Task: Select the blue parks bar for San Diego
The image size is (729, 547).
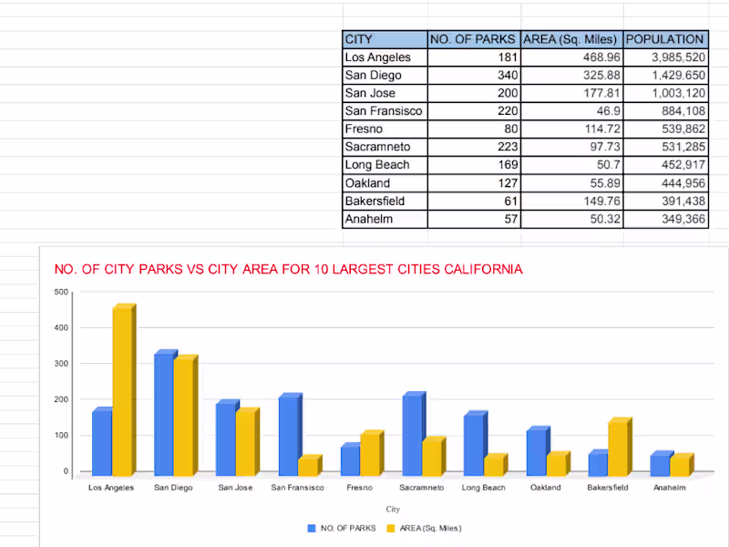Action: (x=164, y=414)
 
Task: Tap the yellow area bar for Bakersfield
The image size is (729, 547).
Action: (x=618, y=448)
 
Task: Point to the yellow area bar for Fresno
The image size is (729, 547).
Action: (x=371, y=453)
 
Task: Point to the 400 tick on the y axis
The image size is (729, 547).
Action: (x=61, y=327)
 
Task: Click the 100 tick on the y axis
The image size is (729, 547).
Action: (x=61, y=435)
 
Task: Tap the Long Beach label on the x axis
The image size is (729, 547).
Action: (x=483, y=488)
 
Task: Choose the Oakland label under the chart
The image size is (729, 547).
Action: (x=545, y=488)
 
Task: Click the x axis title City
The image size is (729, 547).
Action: (x=393, y=509)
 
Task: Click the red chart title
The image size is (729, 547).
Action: (x=289, y=269)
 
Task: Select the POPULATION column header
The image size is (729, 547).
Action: (x=666, y=39)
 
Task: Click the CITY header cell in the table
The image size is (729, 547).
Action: (x=385, y=39)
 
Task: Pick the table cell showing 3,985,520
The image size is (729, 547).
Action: (x=666, y=57)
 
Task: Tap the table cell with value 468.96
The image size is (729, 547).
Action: (x=572, y=57)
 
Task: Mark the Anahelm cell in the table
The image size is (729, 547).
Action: (x=385, y=219)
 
